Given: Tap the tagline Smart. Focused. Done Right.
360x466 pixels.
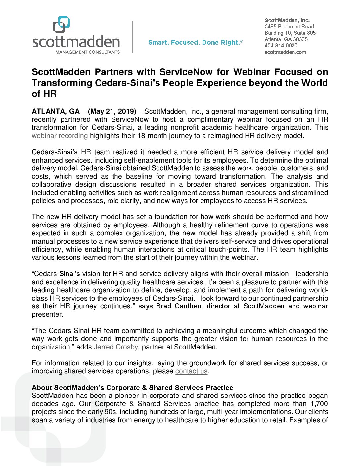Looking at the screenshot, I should pos(195,42).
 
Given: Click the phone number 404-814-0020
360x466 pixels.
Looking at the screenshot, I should pos(281,46).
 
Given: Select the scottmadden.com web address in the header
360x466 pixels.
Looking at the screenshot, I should pos(285,52).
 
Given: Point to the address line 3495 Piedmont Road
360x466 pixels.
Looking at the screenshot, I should pos(289,26).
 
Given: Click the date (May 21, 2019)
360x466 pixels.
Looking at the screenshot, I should pos(112,111).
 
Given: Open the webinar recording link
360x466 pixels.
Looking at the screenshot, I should pos(60,136).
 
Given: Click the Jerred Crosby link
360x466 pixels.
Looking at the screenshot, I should pos(116,347).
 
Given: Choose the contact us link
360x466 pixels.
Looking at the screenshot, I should pos(191,371).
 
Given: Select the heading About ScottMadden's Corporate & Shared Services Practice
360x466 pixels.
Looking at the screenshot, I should pos(132,388).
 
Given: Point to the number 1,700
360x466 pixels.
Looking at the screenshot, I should pos(319,404).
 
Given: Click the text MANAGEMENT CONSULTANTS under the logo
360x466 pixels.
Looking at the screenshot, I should pos(87,52).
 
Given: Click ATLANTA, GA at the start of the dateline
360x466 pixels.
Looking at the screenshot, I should pos(56,111).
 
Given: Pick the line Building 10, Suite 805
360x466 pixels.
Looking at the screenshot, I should pos(290,33).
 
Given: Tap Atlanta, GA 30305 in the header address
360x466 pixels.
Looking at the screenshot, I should pos(286,39).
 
